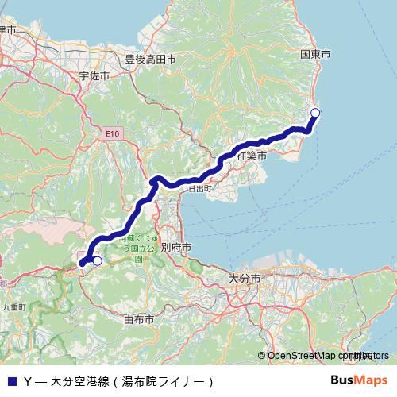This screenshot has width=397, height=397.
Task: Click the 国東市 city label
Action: tap(315, 54)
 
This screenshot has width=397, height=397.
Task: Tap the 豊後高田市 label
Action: tap(150, 58)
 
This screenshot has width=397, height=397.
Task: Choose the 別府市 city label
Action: tap(176, 248)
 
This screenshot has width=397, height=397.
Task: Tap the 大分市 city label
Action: tap(242, 279)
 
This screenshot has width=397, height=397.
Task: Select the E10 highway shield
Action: tap(113, 135)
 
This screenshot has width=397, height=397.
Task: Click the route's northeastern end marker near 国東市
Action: tap(314, 112)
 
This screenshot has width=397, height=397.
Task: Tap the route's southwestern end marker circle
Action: tap(98, 260)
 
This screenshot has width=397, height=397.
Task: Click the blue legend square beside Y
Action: tap(11, 381)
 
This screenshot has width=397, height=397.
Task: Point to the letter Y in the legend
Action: tap(28, 381)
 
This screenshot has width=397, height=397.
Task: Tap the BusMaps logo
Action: tap(358, 380)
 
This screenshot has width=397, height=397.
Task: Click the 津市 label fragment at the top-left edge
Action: tap(8, 29)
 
